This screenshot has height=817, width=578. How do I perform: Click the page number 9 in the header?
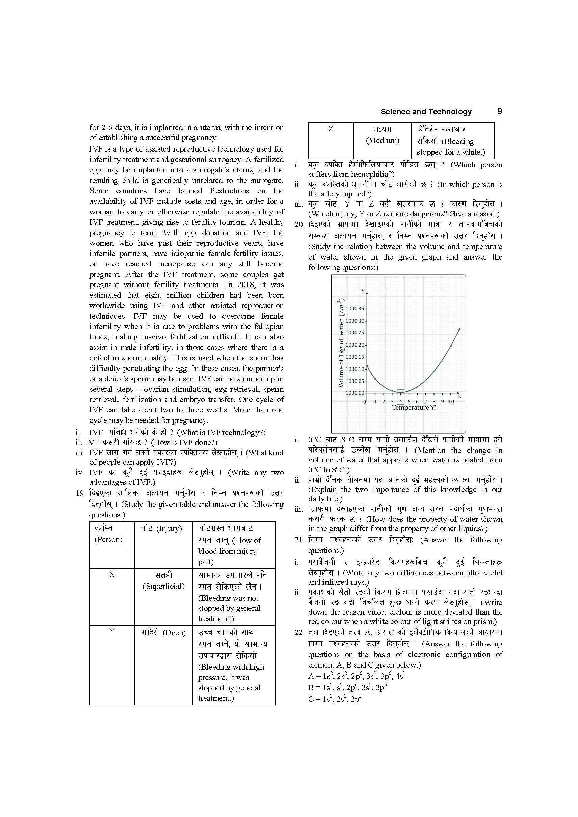499,111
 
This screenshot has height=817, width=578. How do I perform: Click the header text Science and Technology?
426,112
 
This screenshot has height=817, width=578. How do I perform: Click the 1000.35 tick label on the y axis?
354,309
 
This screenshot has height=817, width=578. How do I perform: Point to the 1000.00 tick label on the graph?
354,393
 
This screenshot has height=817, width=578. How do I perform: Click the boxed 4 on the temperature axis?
400,401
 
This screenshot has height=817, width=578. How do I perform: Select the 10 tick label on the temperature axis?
451,401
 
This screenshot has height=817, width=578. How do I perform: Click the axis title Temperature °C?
414,408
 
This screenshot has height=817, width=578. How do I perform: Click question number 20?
300,224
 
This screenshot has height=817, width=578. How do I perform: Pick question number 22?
300,633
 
